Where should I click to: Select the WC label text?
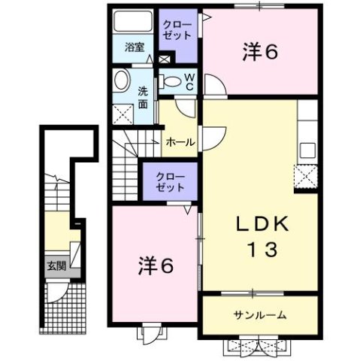pos(189,81)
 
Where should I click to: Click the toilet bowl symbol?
pos(171,80)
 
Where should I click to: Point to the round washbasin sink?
pos(121,80)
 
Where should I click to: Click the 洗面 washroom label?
pos(143,98)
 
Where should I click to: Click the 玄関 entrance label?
pos(55,265)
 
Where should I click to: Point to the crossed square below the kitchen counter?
pos(306,177)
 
